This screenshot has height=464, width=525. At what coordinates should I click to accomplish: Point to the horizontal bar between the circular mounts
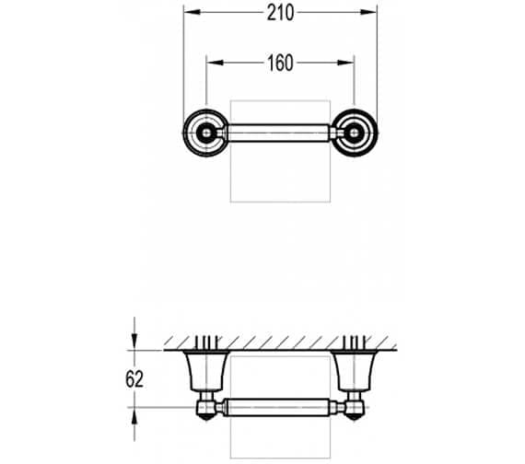coord(280,134)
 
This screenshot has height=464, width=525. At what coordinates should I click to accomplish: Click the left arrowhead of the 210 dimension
coord(190,13)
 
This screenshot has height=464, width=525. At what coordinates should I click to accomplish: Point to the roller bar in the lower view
coord(280,406)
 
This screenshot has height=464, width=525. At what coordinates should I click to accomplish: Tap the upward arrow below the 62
coord(135,415)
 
